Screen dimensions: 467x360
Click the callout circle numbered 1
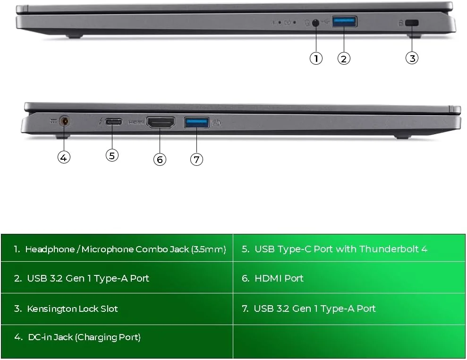pyautogui.click(x=316, y=58)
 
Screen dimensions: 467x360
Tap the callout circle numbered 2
pyautogui.click(x=344, y=59)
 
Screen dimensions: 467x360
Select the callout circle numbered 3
pyautogui.click(x=412, y=58)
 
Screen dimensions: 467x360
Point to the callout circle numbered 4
pyautogui.click(x=64, y=157)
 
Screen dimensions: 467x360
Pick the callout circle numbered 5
pyautogui.click(x=112, y=155)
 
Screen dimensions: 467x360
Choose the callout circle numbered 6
pyautogui.click(x=160, y=159)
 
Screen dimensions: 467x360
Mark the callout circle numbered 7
pyautogui.click(x=196, y=159)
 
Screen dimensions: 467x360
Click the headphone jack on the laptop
pyautogui.click(x=315, y=23)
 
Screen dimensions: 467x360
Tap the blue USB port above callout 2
pyautogui.click(x=344, y=22)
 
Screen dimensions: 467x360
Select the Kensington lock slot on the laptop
pyautogui.click(x=412, y=23)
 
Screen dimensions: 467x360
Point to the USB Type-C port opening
pyautogui.click(x=113, y=121)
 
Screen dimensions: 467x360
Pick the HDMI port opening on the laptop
pyautogui.click(x=161, y=122)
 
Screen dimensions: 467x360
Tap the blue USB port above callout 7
pyautogui.click(x=196, y=122)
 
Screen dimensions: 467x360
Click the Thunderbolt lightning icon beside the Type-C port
pyautogui.click(x=101, y=121)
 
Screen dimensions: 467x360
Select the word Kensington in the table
pyautogui.click(x=51, y=309)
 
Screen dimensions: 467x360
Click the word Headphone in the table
pyautogui.click(x=50, y=249)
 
